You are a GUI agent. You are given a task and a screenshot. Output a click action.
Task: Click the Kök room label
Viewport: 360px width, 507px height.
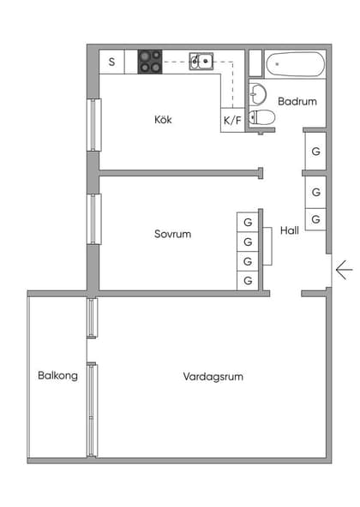[163, 120]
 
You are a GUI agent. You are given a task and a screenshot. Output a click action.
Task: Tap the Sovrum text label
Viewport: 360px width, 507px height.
[172, 234]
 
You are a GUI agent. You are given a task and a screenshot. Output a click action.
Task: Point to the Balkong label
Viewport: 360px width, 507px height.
[57, 375]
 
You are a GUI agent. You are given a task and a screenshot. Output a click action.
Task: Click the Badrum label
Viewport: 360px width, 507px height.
[297, 101]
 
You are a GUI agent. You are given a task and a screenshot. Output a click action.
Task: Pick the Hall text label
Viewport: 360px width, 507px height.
[289, 230]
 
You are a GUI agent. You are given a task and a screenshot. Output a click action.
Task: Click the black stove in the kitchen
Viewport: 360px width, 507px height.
[150, 61]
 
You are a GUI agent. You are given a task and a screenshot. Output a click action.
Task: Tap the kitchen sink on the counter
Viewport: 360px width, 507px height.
[202, 61]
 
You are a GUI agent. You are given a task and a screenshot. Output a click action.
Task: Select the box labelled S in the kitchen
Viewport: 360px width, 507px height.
[111, 62]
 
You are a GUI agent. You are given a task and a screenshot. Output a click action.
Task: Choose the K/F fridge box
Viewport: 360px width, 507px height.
[232, 121]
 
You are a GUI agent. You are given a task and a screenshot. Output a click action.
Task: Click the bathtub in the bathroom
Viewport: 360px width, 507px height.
[295, 63]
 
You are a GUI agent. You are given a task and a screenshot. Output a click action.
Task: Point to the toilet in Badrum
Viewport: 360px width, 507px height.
[265, 118]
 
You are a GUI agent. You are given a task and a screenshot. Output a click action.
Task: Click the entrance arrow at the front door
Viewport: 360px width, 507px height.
[344, 271]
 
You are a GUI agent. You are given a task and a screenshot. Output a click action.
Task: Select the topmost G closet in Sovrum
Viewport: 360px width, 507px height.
[248, 222]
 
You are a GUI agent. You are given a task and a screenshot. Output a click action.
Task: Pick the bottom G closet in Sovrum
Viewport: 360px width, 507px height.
[248, 280]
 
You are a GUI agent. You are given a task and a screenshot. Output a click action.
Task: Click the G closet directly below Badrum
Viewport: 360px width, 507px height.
[315, 152]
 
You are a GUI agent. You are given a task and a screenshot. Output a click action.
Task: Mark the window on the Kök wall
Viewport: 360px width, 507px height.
[93, 125]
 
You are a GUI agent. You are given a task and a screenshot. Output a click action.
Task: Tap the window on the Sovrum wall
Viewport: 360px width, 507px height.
[93, 218]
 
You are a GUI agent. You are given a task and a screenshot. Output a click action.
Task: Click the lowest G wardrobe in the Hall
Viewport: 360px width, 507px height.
[315, 219]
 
